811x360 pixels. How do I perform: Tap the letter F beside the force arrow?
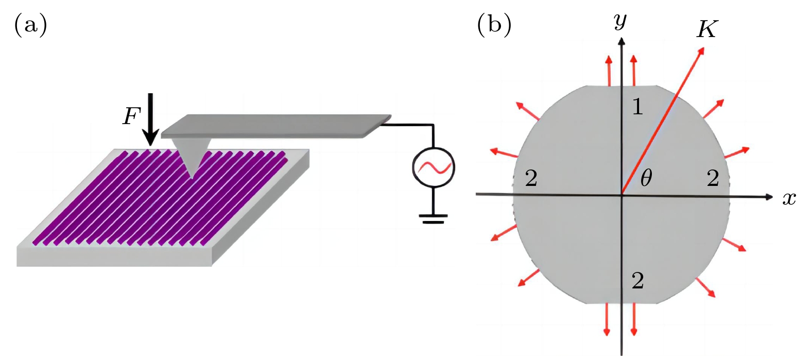131,117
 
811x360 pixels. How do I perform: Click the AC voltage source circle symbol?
433,167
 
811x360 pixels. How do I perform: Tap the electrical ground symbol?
433,219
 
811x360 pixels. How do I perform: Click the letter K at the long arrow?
706,30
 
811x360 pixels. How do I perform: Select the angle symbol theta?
646,178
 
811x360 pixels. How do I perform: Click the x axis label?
789,198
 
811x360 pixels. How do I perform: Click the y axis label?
621,22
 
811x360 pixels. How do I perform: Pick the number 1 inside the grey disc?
637,106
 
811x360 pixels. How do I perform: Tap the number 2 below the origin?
637,281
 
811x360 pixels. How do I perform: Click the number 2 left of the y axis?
531,179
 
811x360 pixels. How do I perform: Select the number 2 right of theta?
713,178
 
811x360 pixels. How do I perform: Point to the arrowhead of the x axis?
769,196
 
